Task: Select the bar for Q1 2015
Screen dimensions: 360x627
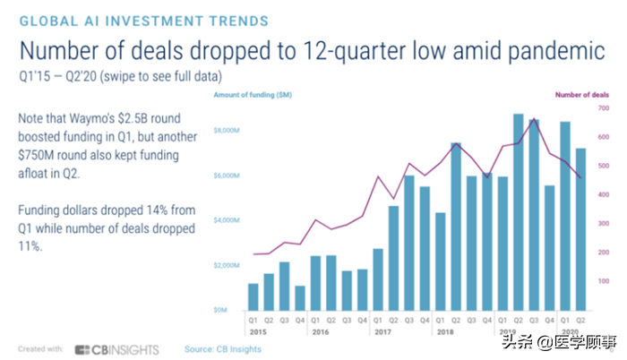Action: pos(253,296)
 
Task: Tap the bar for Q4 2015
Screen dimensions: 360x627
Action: pos(301,297)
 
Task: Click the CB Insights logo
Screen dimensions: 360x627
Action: pos(116,348)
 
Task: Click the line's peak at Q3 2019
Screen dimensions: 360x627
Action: pos(534,118)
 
